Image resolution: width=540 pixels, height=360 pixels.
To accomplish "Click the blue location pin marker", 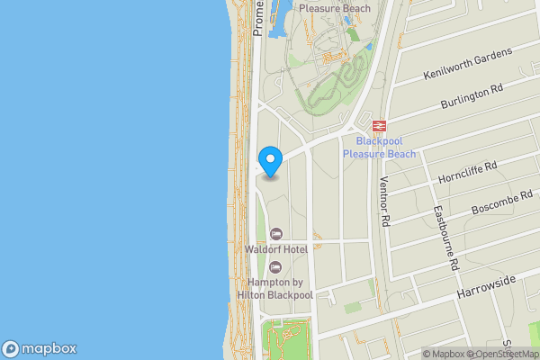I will coord(270,160).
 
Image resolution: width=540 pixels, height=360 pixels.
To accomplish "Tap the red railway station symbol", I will coord(380,126).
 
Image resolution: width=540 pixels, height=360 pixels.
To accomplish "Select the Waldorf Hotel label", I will coord(275,247).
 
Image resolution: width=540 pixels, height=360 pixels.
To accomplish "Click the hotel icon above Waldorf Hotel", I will coord(275,234).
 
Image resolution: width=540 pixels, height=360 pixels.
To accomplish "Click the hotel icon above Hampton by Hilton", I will coord(275,265).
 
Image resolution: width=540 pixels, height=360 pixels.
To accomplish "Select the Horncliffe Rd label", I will coord(466,172).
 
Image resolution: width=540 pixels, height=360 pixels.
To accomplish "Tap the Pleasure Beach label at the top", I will coord(334,8).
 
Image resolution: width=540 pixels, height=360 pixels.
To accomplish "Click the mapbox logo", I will coord(40,349).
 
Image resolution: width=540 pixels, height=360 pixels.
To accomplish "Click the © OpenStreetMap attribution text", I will coord(506,354).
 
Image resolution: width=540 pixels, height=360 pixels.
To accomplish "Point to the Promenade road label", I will coord(258,18).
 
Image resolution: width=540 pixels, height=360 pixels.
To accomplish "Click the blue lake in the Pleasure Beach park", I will coord(276,18).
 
